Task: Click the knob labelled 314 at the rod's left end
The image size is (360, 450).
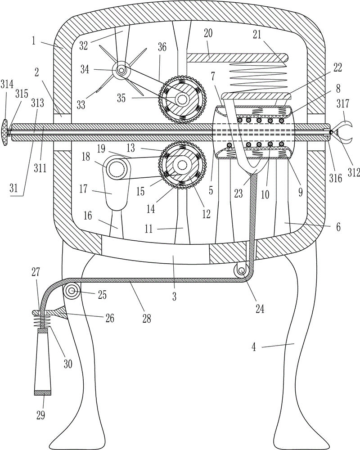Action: coord(6,133)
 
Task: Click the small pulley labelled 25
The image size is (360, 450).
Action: coord(72,291)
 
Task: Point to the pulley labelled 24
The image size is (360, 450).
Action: coord(241,270)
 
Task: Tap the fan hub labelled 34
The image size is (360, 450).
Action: coord(121,70)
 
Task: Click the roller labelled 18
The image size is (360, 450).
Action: coord(117,167)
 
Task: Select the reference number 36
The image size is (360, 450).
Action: coord(162,47)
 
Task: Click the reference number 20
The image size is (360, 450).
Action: coord(208,33)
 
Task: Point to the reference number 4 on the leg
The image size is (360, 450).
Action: coord(254,347)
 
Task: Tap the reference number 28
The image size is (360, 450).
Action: coord(147,318)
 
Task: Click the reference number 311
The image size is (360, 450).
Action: coord(40,168)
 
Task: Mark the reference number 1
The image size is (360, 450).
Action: coord(34,41)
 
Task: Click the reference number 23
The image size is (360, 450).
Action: coord(238,193)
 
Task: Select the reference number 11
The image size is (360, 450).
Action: coord(148,229)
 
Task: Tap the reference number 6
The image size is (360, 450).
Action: coord(338,227)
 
